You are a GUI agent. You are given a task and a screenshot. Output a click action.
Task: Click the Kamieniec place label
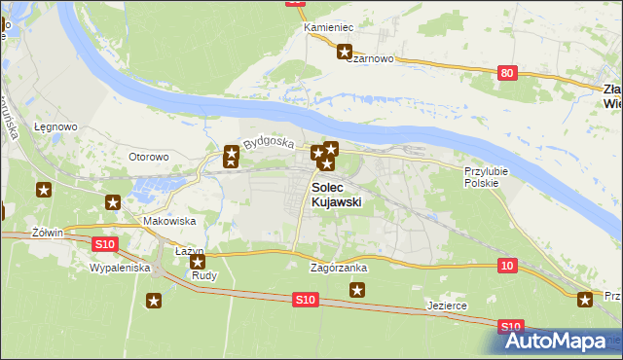point(327,27)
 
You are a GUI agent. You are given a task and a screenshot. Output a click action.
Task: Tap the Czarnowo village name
point(371,58)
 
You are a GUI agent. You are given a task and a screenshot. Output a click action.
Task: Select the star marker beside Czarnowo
point(344,53)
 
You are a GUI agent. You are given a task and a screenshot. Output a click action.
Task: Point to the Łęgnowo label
point(55,126)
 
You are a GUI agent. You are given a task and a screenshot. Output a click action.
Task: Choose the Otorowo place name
point(150,156)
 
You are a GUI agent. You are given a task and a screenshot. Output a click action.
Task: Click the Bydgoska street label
point(270,142)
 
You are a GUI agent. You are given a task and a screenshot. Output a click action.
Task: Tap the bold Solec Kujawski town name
point(337,195)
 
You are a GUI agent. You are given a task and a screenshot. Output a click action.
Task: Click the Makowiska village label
point(164,221)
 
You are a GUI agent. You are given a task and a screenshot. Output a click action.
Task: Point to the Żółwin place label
point(47,233)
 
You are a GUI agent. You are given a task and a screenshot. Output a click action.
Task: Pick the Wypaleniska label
point(119,267)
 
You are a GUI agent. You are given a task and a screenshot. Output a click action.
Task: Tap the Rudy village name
point(204,275)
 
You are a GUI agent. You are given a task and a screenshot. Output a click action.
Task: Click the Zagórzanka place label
point(338,267)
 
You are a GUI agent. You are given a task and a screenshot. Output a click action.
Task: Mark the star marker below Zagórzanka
point(358,289)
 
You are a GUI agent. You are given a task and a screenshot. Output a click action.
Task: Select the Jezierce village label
point(447,306)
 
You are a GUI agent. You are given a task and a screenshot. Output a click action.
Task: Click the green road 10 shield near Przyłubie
point(505,265)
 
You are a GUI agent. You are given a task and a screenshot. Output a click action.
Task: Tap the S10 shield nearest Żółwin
point(105,243)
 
